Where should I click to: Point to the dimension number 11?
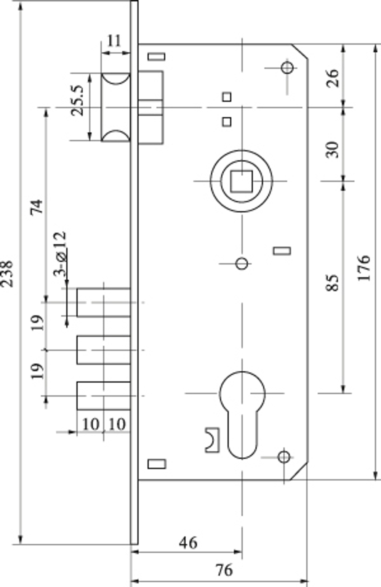click(x=114, y=41)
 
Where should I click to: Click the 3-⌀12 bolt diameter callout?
click(x=60, y=253)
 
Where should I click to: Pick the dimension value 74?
click(x=37, y=207)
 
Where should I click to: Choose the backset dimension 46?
click(x=188, y=543)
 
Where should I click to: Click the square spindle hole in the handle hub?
click(x=241, y=181)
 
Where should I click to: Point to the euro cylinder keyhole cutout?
click(x=242, y=412)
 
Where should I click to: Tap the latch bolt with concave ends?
click(x=116, y=107)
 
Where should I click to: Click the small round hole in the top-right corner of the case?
click(x=287, y=68)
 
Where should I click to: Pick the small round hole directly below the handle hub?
click(x=242, y=263)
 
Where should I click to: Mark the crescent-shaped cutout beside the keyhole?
click(x=212, y=440)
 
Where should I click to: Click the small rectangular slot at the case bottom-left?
click(x=157, y=464)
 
